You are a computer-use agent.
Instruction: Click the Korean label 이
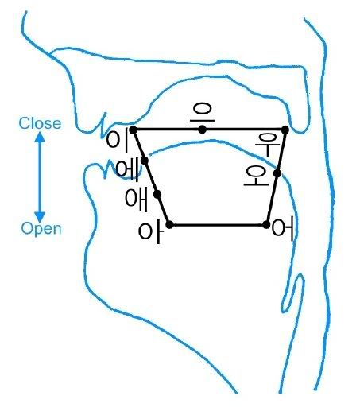(117, 140)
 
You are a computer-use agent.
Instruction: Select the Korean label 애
(136, 200)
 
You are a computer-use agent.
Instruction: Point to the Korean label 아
(150, 232)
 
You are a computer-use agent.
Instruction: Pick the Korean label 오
(257, 176)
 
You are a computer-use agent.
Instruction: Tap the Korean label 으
(203, 112)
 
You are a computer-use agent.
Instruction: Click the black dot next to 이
(134, 130)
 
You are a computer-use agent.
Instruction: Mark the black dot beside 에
(145, 161)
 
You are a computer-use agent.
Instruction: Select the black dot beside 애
(157, 195)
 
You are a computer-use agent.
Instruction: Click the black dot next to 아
(169, 225)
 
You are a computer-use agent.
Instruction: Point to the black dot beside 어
(266, 225)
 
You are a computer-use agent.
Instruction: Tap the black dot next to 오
(277, 173)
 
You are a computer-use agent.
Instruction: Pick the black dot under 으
(203, 130)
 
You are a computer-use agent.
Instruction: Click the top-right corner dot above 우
(285, 130)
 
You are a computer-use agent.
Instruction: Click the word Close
(40, 123)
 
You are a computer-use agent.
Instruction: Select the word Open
(41, 229)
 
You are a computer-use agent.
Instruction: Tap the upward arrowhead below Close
(40, 138)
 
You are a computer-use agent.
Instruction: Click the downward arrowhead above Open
(40, 217)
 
